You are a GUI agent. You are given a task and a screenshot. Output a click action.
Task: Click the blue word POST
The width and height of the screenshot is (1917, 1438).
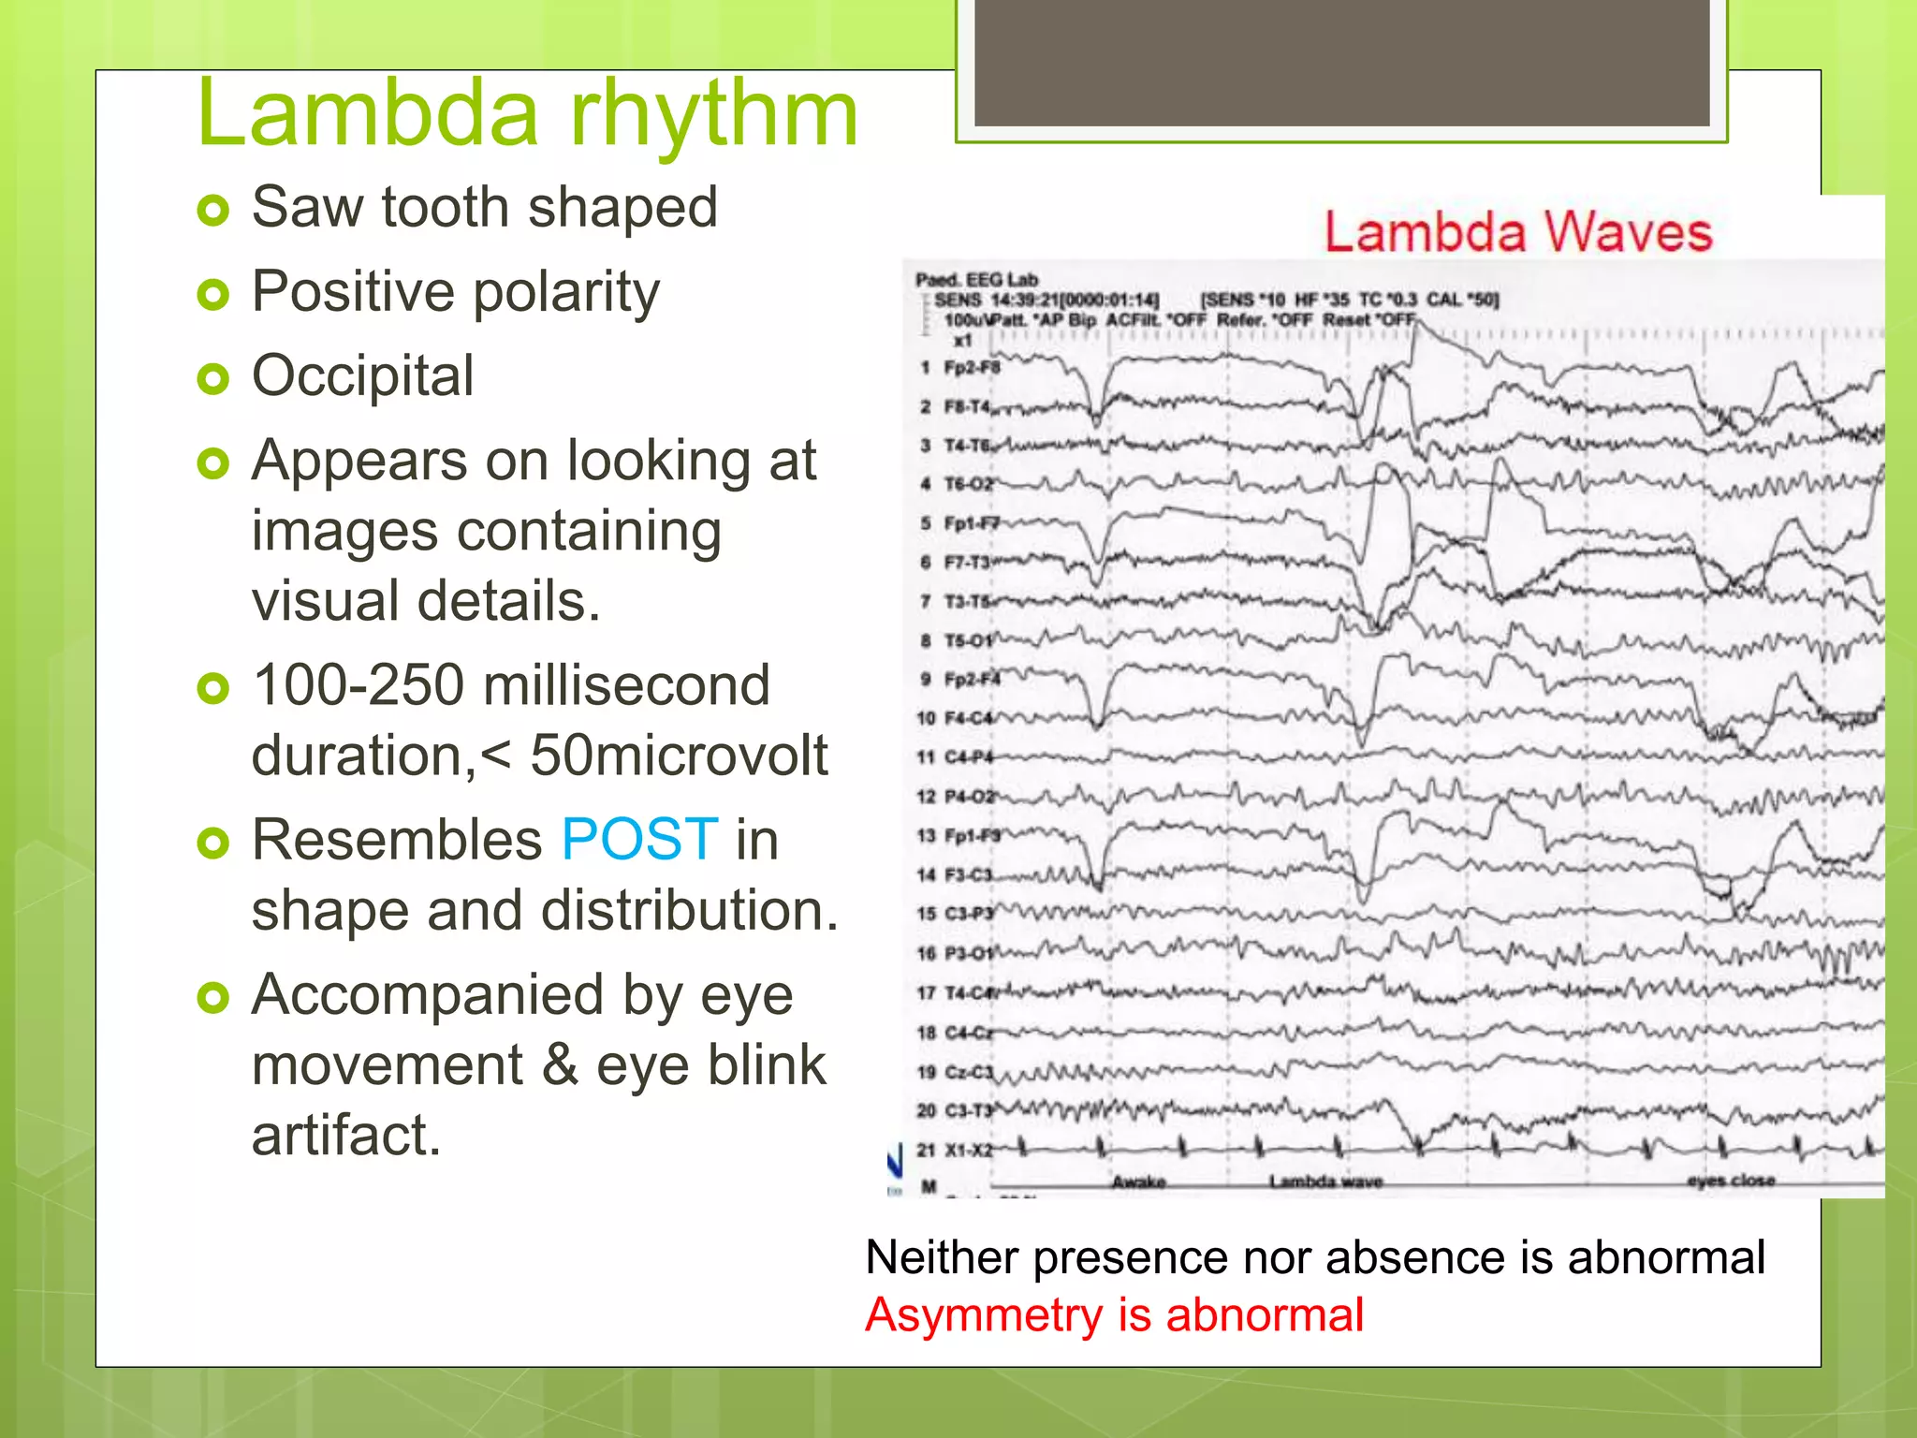(x=639, y=839)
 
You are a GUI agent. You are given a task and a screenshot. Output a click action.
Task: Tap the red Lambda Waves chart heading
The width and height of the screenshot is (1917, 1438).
(x=1517, y=232)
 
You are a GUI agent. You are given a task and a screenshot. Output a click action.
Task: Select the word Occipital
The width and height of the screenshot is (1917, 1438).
(x=362, y=376)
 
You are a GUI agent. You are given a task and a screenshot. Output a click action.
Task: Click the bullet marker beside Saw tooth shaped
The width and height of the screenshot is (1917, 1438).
(x=213, y=210)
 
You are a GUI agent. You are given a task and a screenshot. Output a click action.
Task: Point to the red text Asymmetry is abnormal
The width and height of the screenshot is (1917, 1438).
(x=1114, y=1315)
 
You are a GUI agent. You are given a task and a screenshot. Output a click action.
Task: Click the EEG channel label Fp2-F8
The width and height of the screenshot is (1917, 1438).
(x=971, y=367)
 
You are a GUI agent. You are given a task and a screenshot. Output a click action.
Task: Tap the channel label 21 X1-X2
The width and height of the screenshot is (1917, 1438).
(x=954, y=1150)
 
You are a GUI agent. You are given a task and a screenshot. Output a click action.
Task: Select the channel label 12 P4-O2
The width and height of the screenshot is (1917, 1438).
(x=955, y=797)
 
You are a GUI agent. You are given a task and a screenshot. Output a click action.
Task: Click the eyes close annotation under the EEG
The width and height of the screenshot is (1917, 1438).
(x=1731, y=1181)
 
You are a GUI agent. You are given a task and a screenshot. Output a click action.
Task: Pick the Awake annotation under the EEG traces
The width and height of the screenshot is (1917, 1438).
(x=1138, y=1181)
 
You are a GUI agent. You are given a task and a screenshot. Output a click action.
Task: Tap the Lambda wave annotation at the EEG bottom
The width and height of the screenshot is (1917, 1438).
(x=1325, y=1181)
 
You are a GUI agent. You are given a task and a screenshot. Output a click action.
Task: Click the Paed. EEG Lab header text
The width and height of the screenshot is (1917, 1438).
(x=976, y=279)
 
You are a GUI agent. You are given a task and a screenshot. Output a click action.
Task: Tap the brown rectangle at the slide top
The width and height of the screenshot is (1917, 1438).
(x=1341, y=62)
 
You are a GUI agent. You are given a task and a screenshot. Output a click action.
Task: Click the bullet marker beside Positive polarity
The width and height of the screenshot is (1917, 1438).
(x=213, y=295)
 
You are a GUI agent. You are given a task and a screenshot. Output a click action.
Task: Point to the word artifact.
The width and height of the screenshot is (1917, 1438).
(x=345, y=1136)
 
